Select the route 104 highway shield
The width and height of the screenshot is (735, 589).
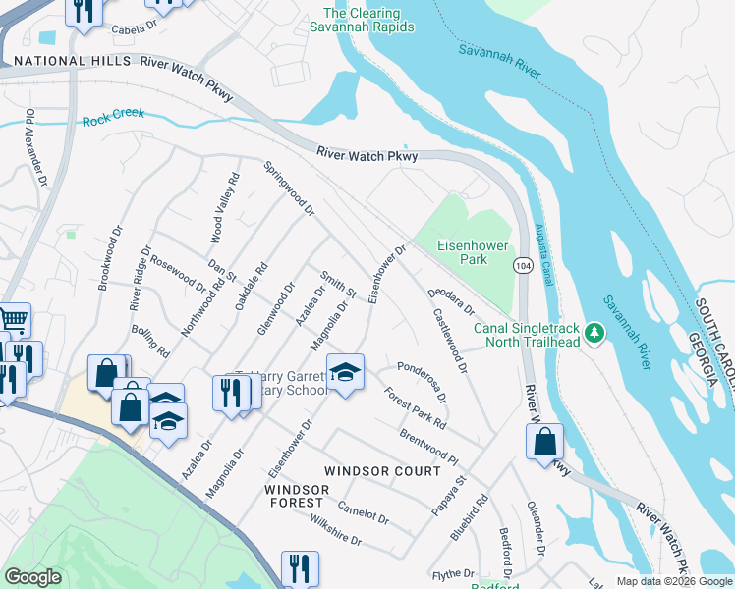click(523, 265)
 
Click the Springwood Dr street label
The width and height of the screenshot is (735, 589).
click(288, 188)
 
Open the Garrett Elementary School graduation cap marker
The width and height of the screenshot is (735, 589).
click(344, 372)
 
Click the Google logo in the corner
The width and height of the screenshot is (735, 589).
click(32, 577)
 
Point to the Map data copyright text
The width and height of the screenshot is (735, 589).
click(674, 581)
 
